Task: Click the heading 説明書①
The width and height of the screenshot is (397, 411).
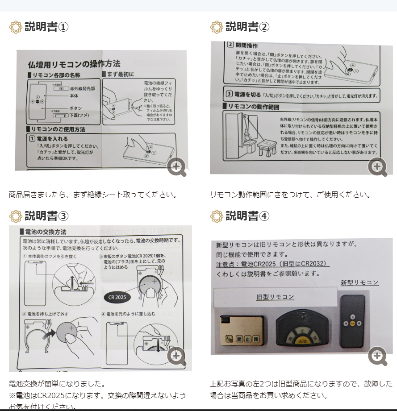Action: click(46, 27)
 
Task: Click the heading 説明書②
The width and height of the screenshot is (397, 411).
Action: click(247, 27)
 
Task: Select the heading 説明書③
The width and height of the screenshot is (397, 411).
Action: click(46, 216)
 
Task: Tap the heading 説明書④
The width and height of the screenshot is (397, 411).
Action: click(247, 216)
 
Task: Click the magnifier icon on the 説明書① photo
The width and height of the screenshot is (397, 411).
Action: click(177, 167)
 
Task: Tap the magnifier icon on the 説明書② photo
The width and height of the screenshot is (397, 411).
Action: click(377, 167)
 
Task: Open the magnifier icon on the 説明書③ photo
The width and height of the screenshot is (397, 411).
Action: click(177, 356)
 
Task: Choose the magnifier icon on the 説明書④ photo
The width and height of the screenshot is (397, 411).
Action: click(377, 356)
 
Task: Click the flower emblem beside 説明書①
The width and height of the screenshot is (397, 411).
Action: click(16, 27)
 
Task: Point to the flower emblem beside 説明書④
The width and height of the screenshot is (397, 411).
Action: click(217, 216)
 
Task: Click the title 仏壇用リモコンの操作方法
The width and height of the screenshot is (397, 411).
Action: click(74, 64)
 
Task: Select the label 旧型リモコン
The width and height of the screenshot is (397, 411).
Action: click(275, 297)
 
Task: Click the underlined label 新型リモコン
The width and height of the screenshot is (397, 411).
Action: click(359, 282)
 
